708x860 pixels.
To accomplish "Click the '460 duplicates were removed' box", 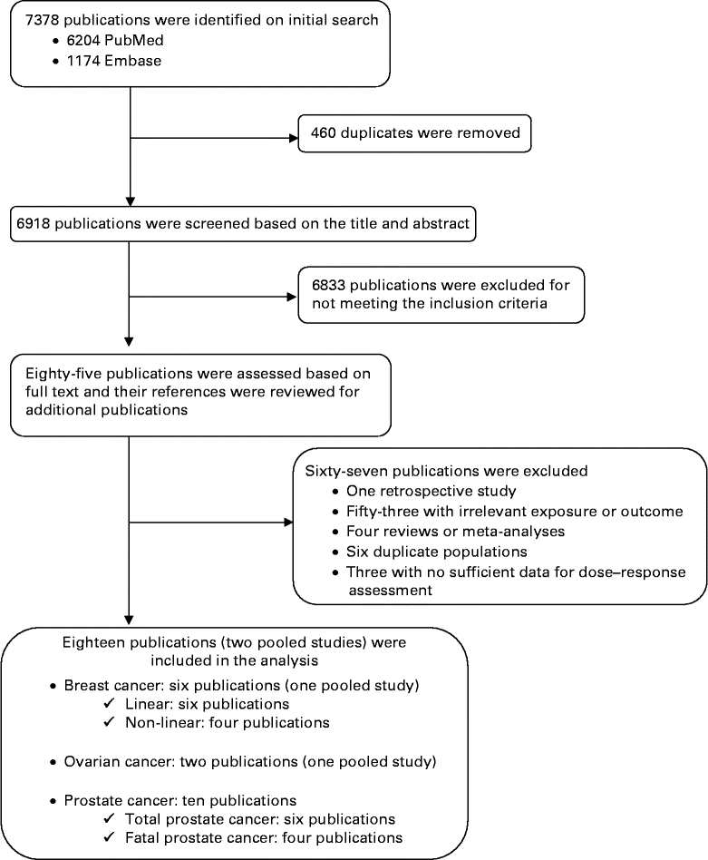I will (414, 133).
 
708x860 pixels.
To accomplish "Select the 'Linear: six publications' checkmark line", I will (209, 704).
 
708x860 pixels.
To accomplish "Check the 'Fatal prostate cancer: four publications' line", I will (263, 837).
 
